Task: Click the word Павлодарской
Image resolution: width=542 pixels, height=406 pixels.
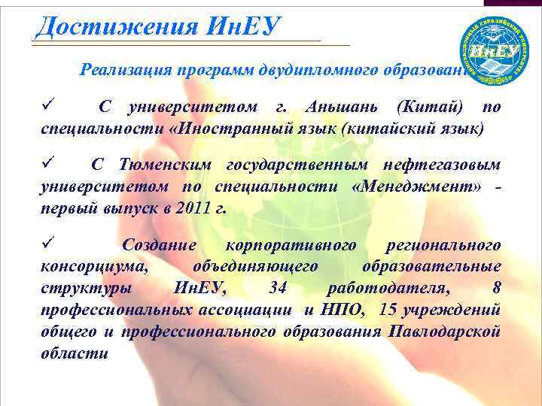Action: point(446,332)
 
